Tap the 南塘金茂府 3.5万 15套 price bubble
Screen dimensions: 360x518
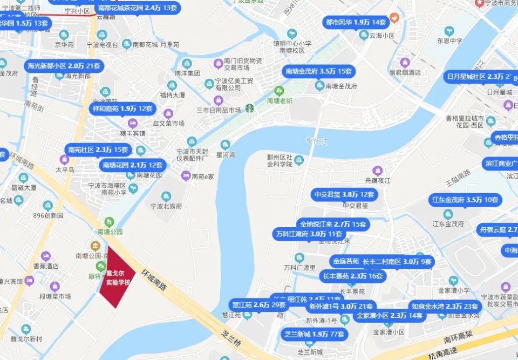coord(319,71)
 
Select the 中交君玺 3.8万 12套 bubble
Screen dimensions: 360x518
coord(344,194)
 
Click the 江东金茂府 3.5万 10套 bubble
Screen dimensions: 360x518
coord(465,200)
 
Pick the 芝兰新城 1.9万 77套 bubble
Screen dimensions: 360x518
coord(314,334)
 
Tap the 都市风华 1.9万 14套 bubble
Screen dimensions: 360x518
coord(356,23)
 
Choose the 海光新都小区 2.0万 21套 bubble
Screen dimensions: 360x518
coord(64,66)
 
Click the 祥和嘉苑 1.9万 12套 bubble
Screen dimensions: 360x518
coord(122,108)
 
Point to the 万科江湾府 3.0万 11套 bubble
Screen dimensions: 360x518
coord(309,234)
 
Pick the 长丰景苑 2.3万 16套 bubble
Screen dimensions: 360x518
coord(352,276)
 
